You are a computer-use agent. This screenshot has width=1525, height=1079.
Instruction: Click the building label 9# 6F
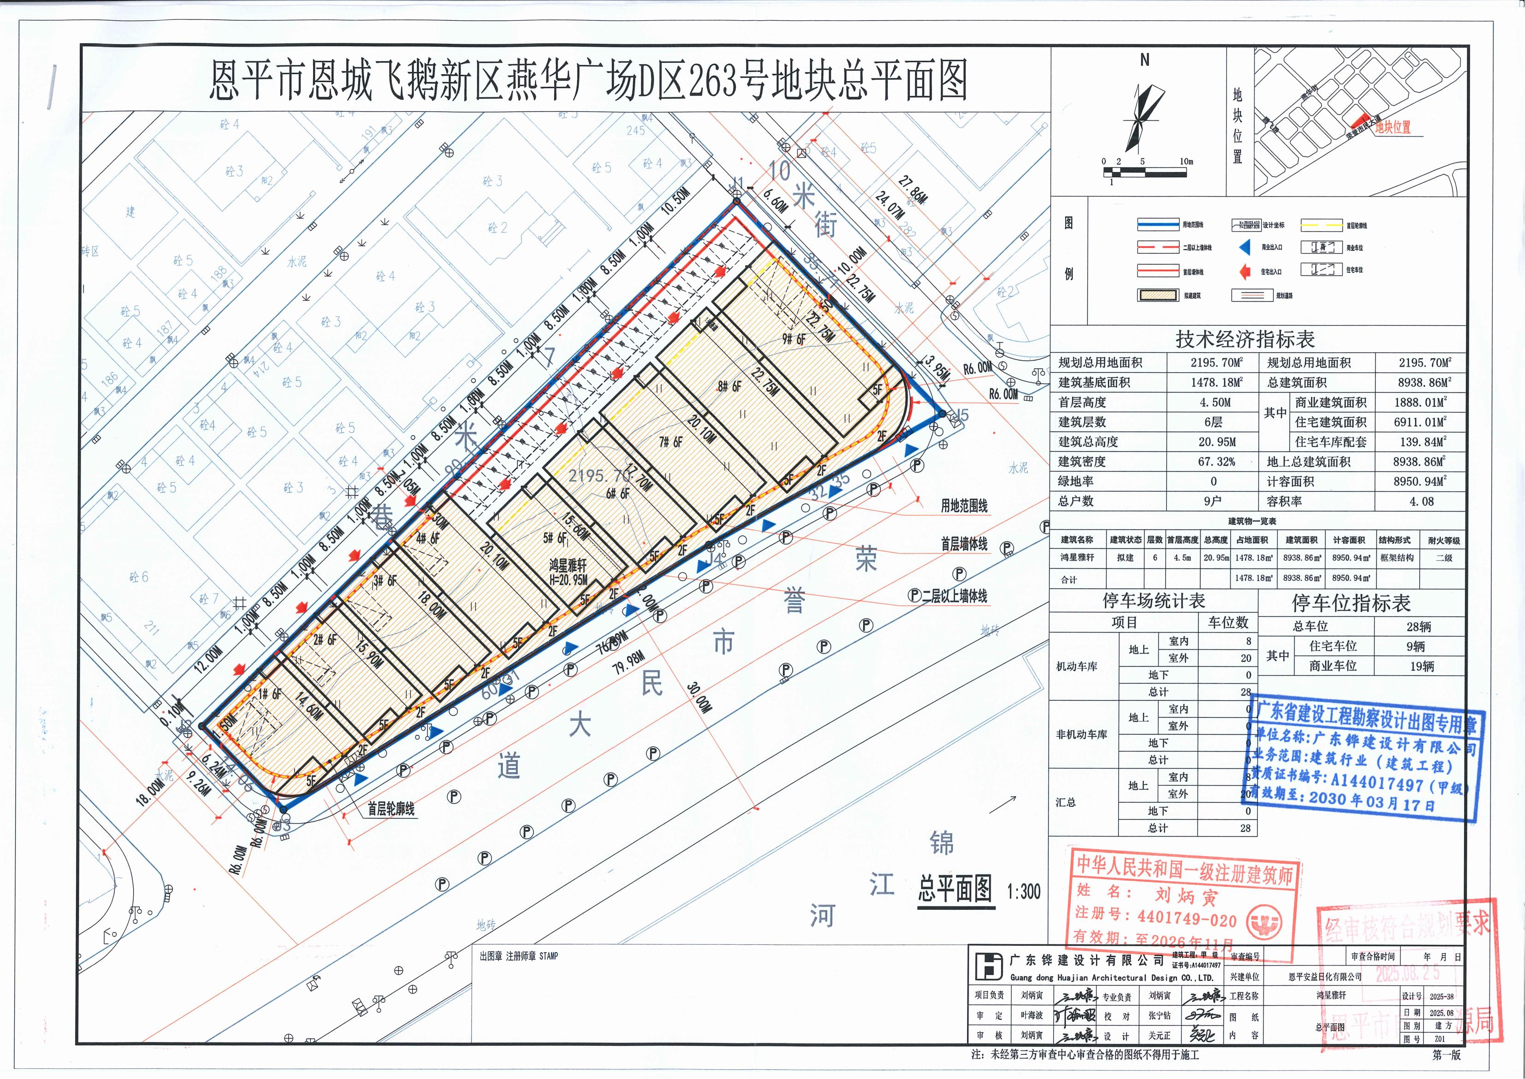pos(794,339)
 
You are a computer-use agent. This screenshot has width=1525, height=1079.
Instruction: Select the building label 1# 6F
pos(270,694)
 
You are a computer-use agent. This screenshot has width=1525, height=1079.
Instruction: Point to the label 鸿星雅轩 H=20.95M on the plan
pos(568,572)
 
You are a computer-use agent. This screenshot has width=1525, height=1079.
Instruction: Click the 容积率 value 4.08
pos(1421,501)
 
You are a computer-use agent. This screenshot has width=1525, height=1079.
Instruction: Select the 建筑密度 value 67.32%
pos(1213,462)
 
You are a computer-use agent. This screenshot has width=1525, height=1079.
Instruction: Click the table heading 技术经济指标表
pos(1245,340)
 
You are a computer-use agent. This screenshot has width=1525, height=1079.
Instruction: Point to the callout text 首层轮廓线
pos(391,809)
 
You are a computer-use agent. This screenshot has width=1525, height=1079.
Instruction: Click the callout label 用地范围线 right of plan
pos(964,506)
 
